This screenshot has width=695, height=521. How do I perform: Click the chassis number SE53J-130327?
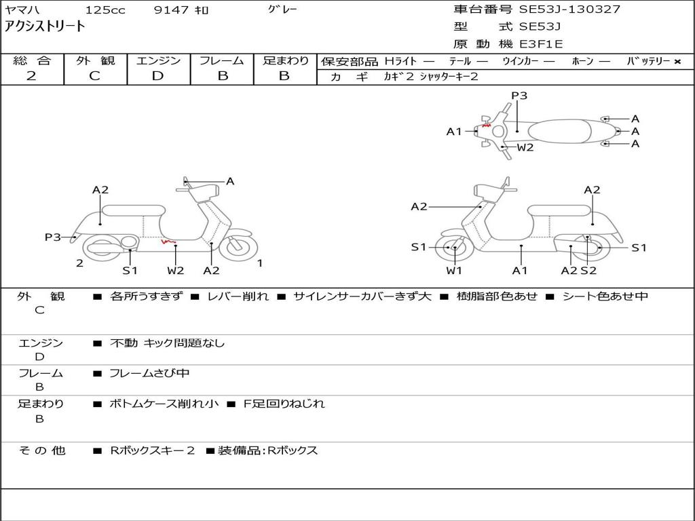(569, 9)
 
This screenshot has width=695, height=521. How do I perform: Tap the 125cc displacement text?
(105, 9)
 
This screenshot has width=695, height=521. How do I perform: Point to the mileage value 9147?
(172, 9)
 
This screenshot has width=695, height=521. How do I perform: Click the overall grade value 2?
(31, 76)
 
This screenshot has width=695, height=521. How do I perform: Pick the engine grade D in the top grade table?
(157, 76)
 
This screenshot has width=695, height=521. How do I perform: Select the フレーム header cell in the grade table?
(222, 60)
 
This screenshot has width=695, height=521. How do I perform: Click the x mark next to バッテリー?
(677, 62)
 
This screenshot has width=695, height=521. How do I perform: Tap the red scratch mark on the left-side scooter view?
(168, 242)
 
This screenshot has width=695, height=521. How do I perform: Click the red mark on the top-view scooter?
(486, 126)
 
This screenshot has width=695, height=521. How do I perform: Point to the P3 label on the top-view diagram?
(519, 96)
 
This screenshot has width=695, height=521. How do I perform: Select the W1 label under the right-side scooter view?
(454, 270)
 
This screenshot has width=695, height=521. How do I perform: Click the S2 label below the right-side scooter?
(588, 270)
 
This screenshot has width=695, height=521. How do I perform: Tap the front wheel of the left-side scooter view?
(238, 247)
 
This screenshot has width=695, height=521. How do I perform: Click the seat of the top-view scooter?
(559, 131)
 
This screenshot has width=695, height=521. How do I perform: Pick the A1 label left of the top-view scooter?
(454, 132)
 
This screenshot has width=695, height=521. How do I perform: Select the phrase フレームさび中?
(149, 374)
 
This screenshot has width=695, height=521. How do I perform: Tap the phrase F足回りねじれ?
(284, 404)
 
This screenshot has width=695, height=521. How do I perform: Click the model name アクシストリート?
(44, 26)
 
